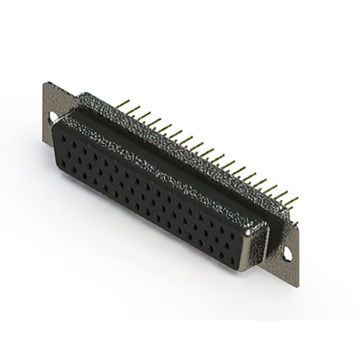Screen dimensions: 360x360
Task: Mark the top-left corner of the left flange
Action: coord(46,84)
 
